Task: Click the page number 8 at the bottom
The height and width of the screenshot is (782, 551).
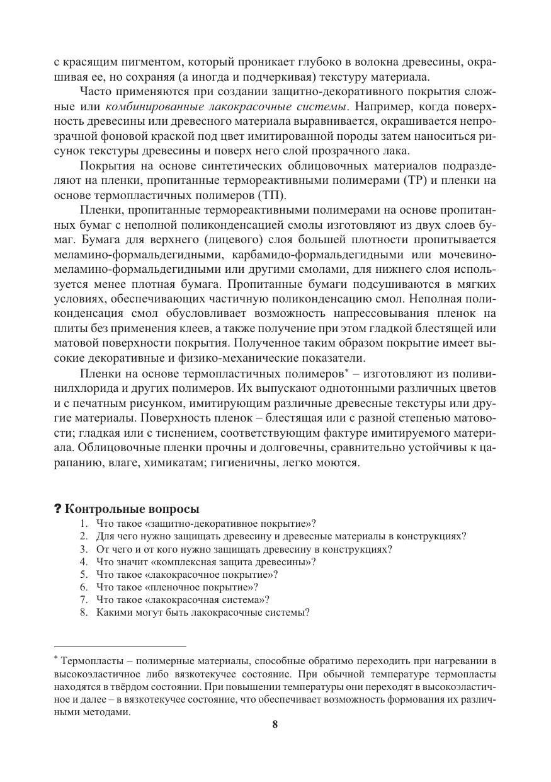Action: (275, 724)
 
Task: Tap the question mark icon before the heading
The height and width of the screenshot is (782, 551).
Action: (58, 509)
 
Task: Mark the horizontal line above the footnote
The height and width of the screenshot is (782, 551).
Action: (120, 646)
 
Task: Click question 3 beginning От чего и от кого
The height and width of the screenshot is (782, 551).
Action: (244, 549)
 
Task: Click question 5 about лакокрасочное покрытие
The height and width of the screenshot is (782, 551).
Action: (187, 574)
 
